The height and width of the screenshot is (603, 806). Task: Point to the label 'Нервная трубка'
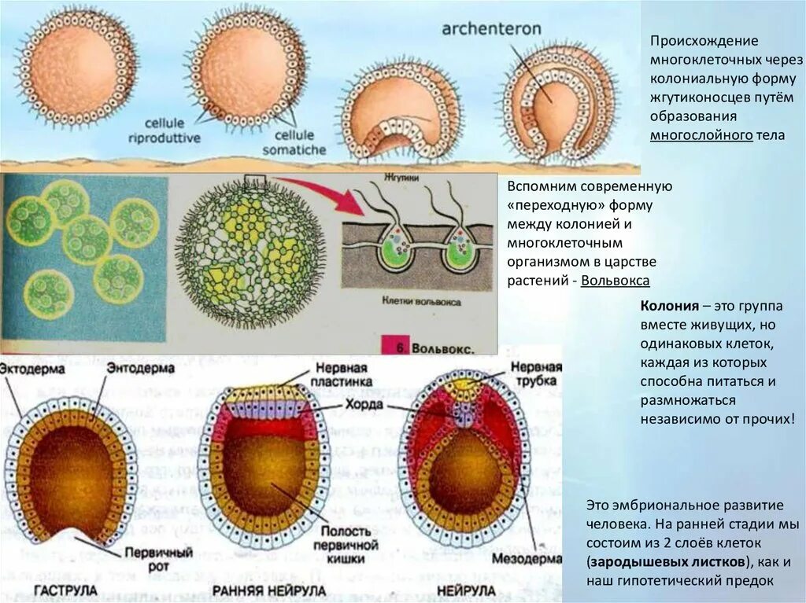tap(537, 375)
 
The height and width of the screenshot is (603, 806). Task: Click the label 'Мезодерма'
tap(529, 560)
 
